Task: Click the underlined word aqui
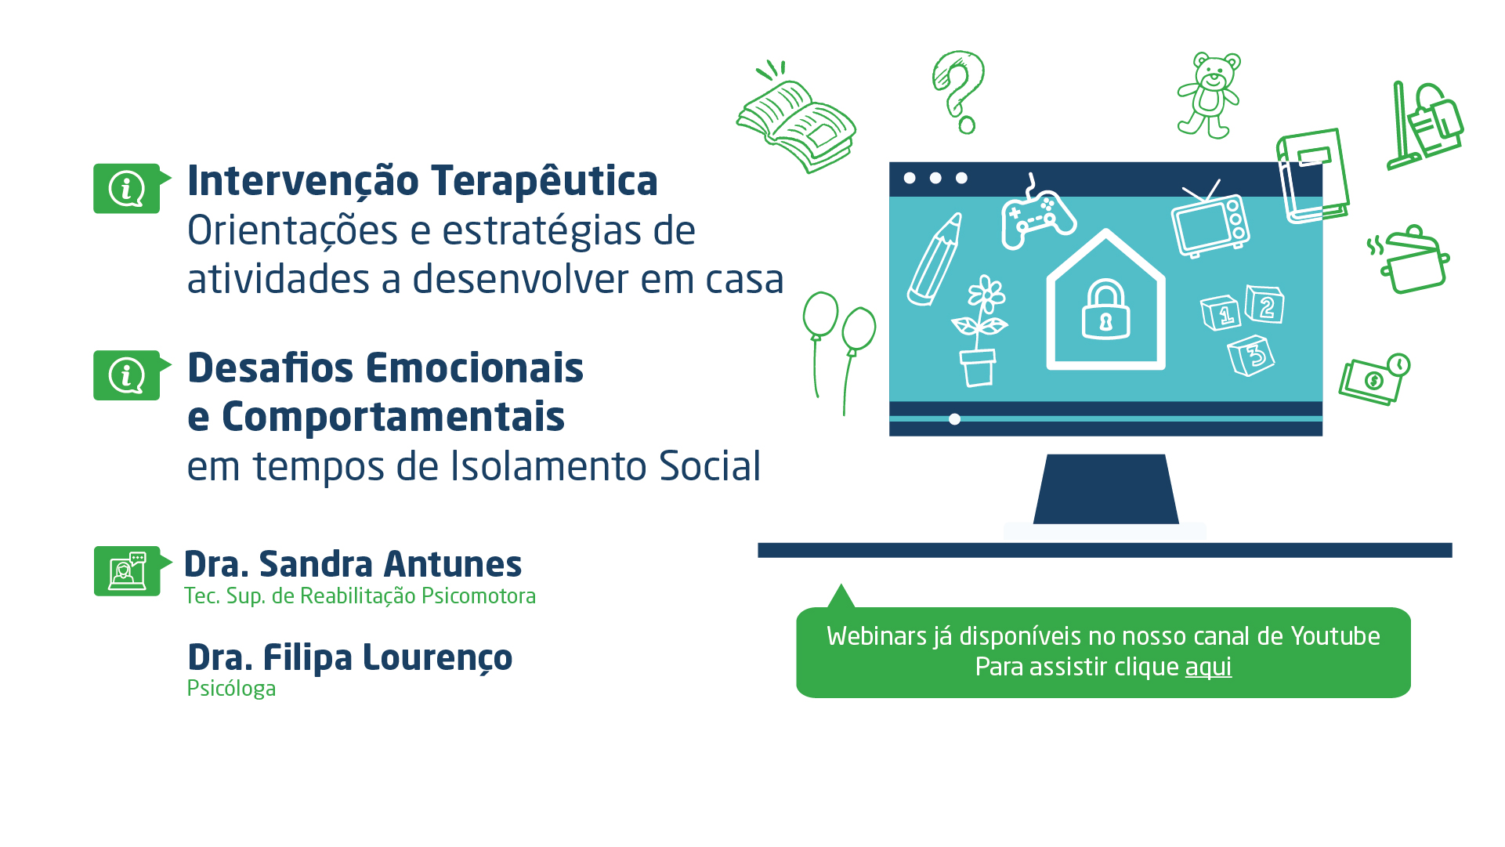pos(1208,668)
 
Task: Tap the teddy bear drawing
pos(1209,96)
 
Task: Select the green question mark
pos(959,92)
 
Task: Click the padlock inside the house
pos(1105,309)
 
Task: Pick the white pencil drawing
pos(935,259)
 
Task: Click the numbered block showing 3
pos(1251,356)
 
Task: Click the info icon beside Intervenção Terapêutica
pos(127,188)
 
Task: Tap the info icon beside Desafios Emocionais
pos(127,375)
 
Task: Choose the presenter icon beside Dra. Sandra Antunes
pos(128,571)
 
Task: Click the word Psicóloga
pos(231,690)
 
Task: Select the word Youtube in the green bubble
pos(1335,636)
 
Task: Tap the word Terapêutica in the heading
pos(544,181)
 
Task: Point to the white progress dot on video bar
pos(954,419)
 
